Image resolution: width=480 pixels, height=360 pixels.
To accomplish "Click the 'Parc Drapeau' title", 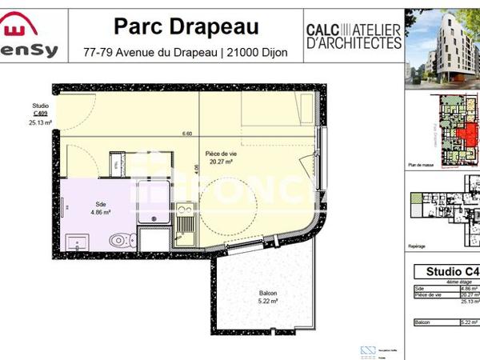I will (186, 26).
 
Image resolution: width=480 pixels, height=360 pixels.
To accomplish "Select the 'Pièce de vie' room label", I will (220, 153).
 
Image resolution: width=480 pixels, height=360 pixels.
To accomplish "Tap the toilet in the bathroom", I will (120, 238).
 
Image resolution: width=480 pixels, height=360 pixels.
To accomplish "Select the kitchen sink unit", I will (185, 217).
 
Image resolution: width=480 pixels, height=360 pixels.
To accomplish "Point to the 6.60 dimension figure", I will (187, 134).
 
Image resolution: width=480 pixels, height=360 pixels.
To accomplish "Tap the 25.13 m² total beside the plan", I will (40, 124).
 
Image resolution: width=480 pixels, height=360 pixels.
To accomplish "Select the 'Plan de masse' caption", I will (420, 165).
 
